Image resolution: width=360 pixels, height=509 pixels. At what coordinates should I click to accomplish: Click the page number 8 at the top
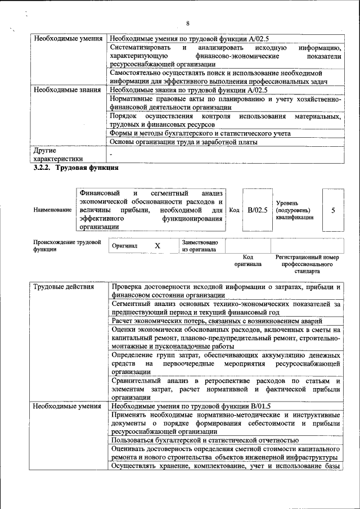[x=188, y=23]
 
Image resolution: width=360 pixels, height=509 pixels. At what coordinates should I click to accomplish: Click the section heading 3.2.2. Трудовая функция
[x=75, y=168]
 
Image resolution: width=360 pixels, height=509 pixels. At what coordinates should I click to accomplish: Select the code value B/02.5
[x=257, y=210]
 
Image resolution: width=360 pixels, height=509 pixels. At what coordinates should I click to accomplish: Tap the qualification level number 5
[x=333, y=210]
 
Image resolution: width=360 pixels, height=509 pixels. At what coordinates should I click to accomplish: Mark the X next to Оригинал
[x=157, y=246]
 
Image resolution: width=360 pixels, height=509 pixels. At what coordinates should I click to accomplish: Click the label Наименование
[x=51, y=210]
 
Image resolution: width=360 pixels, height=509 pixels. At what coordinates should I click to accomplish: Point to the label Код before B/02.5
[x=235, y=210]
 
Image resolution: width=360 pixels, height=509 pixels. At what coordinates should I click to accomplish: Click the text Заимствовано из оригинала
[x=200, y=246]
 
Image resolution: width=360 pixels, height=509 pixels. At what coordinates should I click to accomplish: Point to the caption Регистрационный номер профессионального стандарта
[x=307, y=263]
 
